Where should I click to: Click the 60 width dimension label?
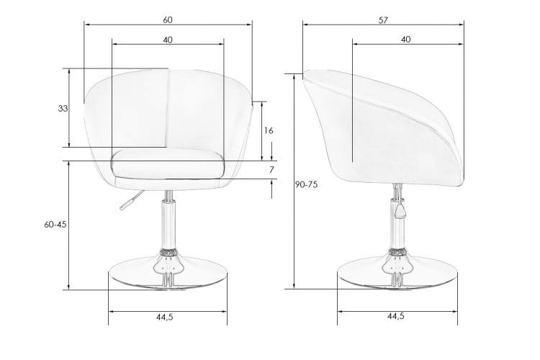point(168,20)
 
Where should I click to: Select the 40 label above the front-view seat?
point(168,40)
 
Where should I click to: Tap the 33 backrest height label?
point(63,109)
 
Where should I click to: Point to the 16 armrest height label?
point(269,130)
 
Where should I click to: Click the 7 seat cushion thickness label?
point(271,170)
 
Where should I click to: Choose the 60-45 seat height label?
point(55,224)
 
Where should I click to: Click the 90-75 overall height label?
point(306,184)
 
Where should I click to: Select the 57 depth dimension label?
point(383,20)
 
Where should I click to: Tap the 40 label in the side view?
point(406,40)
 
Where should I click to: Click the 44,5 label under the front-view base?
point(165,318)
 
